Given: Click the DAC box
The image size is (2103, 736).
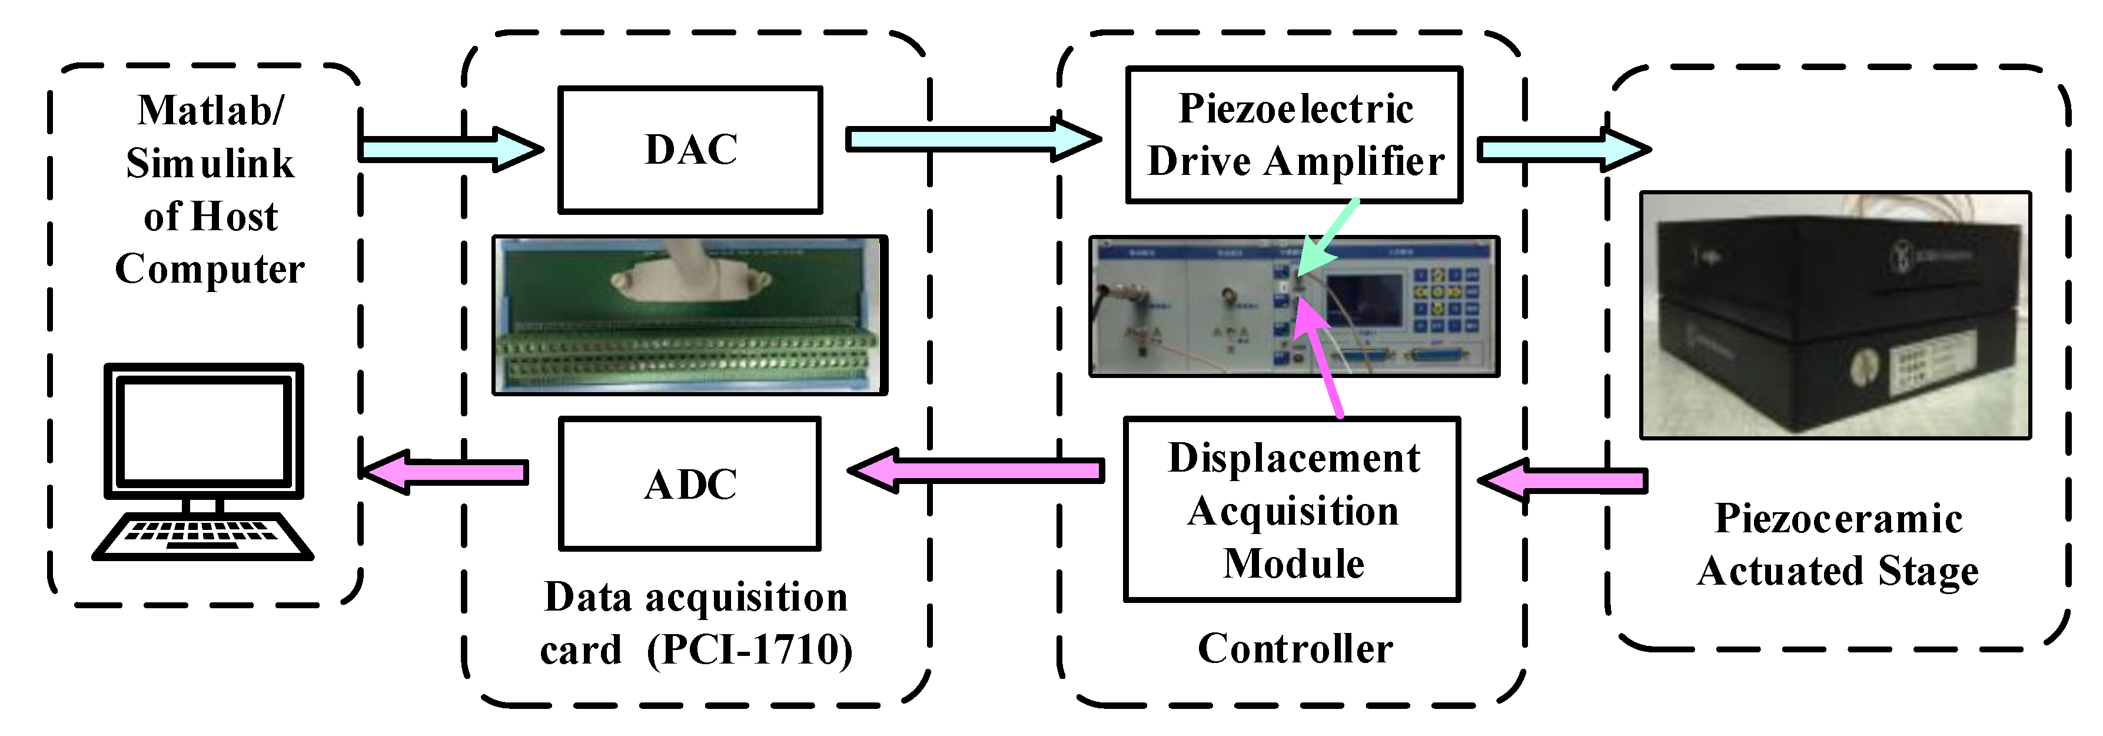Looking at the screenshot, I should tap(690, 150).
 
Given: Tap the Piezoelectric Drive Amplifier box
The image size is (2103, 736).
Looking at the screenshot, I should tap(1294, 135).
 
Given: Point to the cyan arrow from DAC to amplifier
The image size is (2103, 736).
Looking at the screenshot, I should tap(972, 140).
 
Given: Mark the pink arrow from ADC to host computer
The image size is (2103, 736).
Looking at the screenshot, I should tap(445, 471).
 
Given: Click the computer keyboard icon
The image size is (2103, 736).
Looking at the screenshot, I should tap(202, 536).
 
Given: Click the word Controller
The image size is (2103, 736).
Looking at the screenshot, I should tap(1295, 649).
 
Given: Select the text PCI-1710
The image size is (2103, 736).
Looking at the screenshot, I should tap(749, 650).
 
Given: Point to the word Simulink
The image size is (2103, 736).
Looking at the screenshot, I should tap(210, 163).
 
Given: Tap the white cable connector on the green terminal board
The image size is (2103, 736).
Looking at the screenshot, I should tap(690, 274).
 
